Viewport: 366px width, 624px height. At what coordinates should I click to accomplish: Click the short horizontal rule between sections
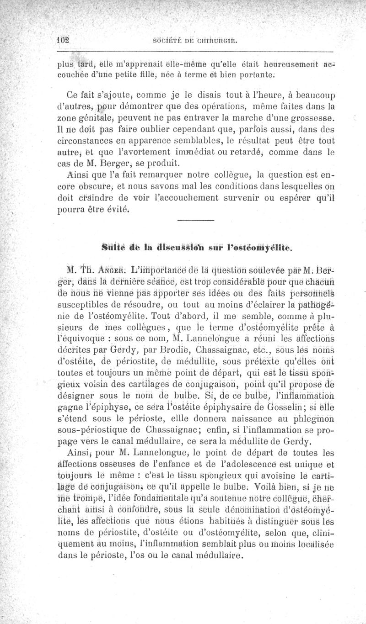coord(195,221)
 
